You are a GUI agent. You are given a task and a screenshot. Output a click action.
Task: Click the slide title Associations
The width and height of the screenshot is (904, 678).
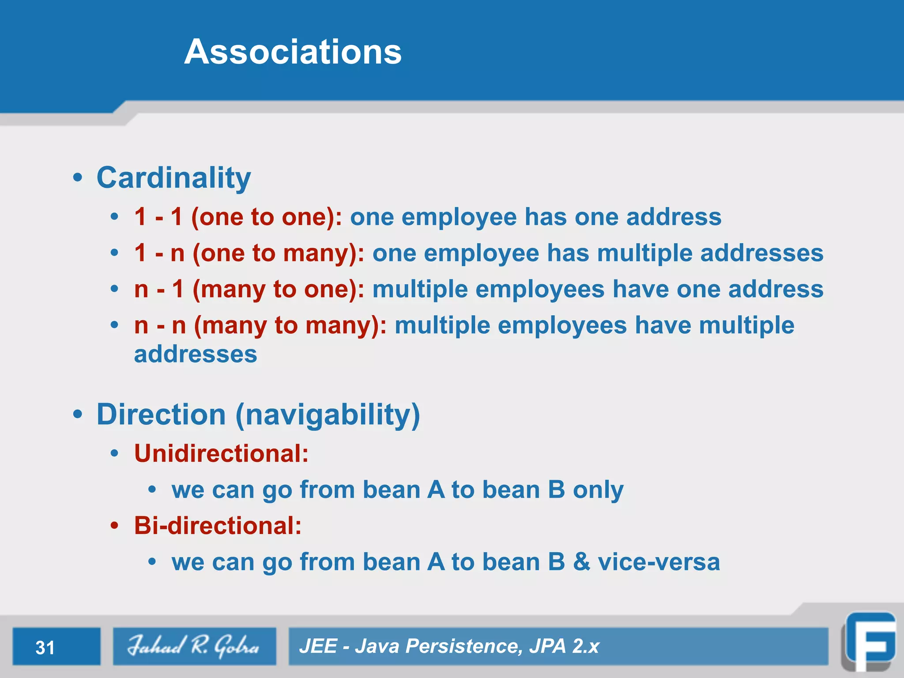coord(293,52)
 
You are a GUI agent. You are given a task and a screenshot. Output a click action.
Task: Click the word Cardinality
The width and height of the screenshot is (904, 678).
coord(173,178)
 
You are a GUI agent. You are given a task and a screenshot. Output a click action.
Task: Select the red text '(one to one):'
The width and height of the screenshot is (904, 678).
coord(266,217)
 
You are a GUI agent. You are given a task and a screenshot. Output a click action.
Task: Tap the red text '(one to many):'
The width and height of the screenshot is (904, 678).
coord(278,253)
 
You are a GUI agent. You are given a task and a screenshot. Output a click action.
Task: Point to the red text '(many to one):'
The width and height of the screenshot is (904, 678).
coord(278,290)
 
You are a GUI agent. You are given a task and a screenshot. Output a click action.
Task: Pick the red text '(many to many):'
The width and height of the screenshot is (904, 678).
coord(290,326)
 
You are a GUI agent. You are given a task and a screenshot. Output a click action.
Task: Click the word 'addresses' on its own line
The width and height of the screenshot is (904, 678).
coord(196,354)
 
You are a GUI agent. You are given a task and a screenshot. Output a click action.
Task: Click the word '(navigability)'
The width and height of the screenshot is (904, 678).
coord(328,415)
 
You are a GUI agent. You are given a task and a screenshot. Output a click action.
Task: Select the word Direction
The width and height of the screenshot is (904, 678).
coord(161,415)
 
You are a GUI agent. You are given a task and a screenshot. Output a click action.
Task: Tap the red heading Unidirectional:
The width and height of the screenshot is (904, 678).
coord(221,453)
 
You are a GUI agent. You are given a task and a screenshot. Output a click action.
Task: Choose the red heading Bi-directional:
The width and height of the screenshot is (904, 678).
coord(218,526)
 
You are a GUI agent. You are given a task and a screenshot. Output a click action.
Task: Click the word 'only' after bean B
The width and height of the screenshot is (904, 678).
coord(598,490)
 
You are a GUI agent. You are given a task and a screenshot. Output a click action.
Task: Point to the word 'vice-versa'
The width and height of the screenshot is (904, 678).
coord(659,562)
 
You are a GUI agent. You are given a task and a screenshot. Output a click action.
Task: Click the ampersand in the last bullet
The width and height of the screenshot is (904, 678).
coord(582,562)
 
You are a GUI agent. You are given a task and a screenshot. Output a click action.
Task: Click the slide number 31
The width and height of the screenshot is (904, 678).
coord(45,648)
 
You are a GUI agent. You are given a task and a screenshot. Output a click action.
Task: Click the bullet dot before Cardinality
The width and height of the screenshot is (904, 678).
coord(78,178)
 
